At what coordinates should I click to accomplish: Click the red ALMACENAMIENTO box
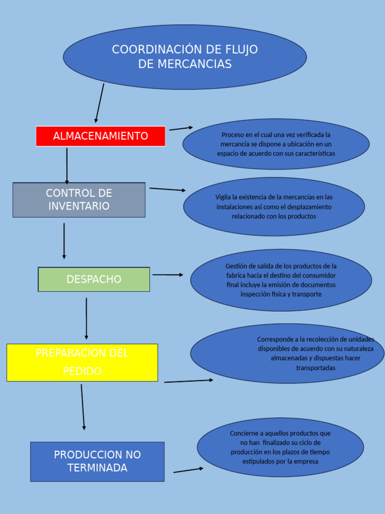pos(100,136)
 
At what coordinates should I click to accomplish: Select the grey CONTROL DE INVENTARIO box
pos(79,200)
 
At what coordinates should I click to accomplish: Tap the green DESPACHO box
pos(94,280)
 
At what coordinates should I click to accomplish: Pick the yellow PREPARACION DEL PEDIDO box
pos(82,362)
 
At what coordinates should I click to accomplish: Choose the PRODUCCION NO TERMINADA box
pos(97,461)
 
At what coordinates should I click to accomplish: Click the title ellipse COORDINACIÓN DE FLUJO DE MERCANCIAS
pos(184,57)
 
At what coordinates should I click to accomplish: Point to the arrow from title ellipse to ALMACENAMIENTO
pos(100,103)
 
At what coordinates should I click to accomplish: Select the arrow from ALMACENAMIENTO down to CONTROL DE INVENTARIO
pos(67,166)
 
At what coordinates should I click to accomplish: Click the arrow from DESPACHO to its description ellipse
pos(167,275)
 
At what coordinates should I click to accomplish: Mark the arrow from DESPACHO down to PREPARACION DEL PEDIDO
pos(86,318)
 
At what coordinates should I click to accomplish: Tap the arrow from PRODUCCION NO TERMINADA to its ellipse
pos(188,470)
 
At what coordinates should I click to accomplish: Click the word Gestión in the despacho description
pos(237,266)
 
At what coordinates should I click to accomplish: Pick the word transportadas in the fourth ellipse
pos(315,368)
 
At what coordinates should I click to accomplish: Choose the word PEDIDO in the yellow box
pos(82,371)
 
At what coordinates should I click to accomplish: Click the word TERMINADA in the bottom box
pos(97,468)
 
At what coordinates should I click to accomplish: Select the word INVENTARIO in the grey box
pos(79,206)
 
